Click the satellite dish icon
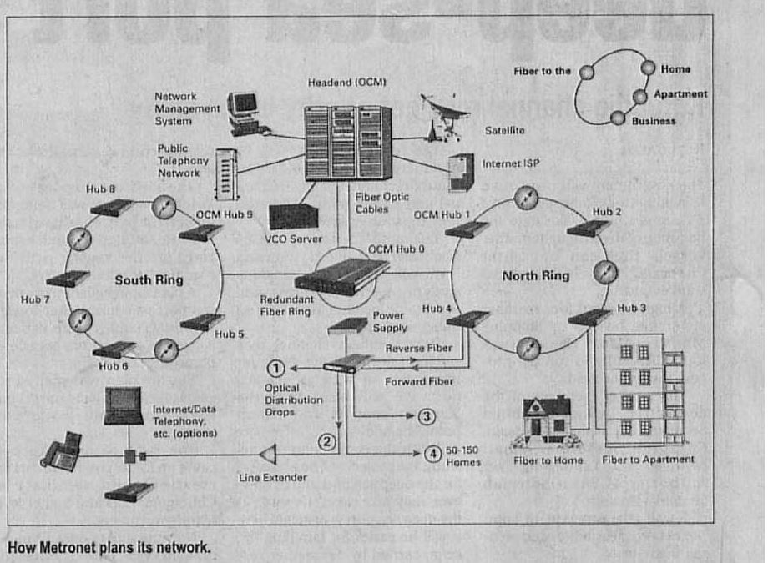445,117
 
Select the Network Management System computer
245,113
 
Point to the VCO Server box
294,216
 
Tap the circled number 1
275,368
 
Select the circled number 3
427,416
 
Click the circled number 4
432,454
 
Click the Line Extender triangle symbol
268,455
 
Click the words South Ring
149,280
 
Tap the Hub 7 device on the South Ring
68,279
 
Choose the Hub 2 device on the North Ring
589,229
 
